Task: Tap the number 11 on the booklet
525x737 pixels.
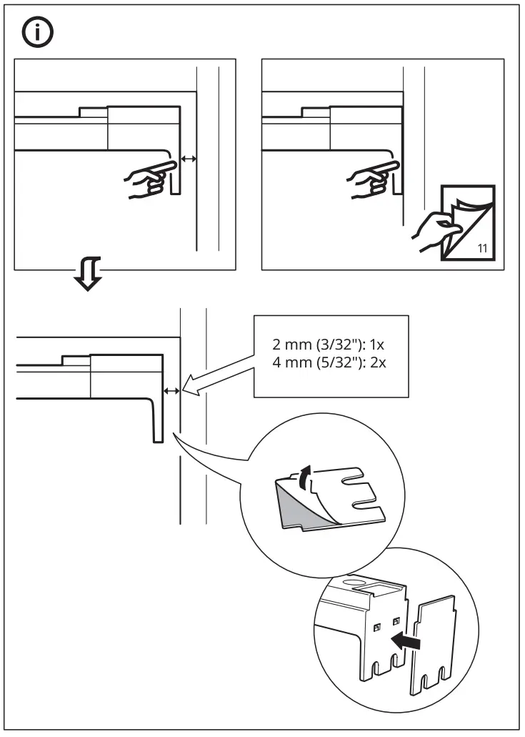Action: [x=482, y=249]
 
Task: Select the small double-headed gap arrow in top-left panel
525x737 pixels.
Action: [x=188, y=159]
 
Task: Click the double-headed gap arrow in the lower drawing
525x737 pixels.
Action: [x=171, y=390]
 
